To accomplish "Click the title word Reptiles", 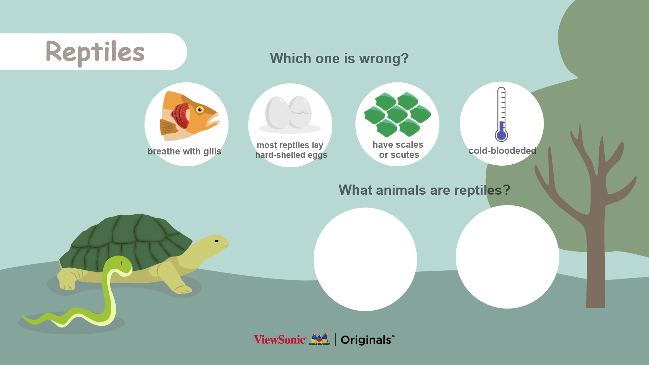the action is click(x=95, y=52).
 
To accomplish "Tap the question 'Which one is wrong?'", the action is click(x=339, y=58).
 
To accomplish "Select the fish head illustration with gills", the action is click(x=189, y=116).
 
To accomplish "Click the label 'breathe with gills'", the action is click(x=184, y=151).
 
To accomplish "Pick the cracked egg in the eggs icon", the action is click(x=300, y=112).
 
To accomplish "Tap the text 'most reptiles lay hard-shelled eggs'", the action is click(x=291, y=150).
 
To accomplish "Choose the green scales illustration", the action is click(x=397, y=114).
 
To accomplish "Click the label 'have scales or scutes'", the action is click(x=398, y=150).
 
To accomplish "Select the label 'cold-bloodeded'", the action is click(x=502, y=151).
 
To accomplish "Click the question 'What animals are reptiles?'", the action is click(x=424, y=190).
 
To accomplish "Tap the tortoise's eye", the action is click(x=217, y=241).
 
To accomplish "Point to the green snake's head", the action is click(x=119, y=264).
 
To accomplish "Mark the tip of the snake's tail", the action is click(x=23, y=316).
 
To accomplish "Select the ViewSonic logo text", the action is click(x=280, y=340).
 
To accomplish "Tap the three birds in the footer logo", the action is click(x=319, y=339).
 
